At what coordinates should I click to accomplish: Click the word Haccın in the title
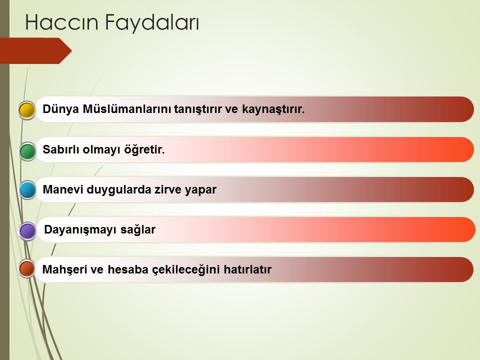[61, 22]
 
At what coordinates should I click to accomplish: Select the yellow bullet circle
[27, 110]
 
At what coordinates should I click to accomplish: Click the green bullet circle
[27, 151]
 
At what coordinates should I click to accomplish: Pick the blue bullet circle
[27, 190]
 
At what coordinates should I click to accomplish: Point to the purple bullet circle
[27, 231]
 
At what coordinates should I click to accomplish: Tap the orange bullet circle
[27, 268]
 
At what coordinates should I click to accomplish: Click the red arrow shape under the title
[36, 51]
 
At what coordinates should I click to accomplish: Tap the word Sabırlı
[61, 149]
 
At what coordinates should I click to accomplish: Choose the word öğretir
[144, 149]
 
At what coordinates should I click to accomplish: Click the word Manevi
[63, 189]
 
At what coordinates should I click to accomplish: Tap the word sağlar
[138, 230]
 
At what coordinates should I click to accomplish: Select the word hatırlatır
[247, 269]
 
